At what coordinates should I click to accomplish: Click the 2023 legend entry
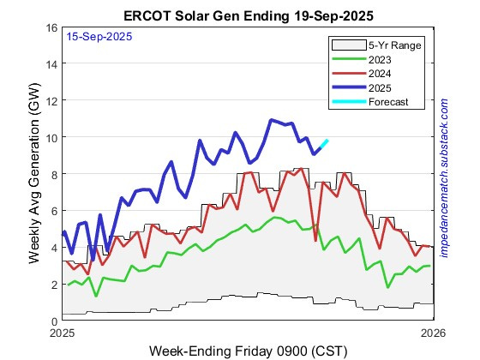[x=380, y=59]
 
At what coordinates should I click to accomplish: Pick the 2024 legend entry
[x=380, y=73]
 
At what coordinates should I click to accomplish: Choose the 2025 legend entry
[x=380, y=87]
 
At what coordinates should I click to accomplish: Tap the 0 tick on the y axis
[x=52, y=321]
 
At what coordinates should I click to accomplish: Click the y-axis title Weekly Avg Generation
[x=33, y=174]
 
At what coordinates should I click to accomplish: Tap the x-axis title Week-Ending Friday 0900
[x=248, y=351]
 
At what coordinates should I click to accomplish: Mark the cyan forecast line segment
[x=321, y=146]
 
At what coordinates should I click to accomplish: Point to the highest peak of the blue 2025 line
[x=271, y=120]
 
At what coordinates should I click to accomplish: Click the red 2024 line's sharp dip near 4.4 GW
[x=315, y=239]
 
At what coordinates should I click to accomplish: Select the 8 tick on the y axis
[x=52, y=174]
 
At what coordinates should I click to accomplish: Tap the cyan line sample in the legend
[x=346, y=100]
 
